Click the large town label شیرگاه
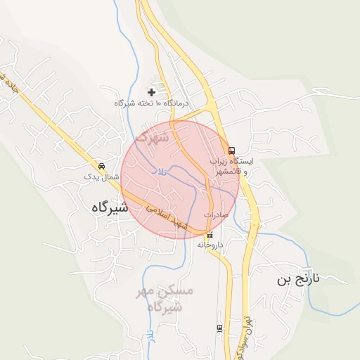pyautogui.click(x=109, y=207)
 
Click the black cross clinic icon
pyautogui.click(x=151, y=91)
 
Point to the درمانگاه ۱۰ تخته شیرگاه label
pyautogui.click(x=153, y=103)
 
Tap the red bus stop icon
pyautogui.click(x=231, y=150)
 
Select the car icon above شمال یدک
pyautogui.click(x=102, y=166)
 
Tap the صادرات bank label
pyautogui.click(x=217, y=214)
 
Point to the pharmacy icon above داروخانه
pyautogui.click(x=210, y=234)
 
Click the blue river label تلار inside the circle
pyautogui.click(x=161, y=172)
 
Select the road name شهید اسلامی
pyautogui.click(x=165, y=218)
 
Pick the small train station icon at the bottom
pyautogui.click(x=219, y=328)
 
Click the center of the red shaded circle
pyautogui.click(x=180, y=180)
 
